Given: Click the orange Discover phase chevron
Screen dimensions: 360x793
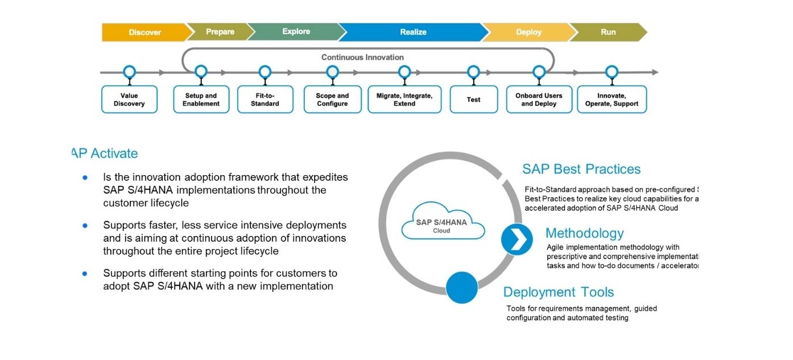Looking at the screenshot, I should click(144, 32).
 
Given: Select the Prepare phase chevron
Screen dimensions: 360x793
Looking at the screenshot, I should click(220, 32).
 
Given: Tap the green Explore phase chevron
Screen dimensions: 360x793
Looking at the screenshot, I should click(296, 32).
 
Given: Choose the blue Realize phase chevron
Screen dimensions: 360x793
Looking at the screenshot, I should click(413, 32).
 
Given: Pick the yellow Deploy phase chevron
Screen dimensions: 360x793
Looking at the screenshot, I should click(528, 32).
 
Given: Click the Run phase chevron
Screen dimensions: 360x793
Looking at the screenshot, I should click(608, 32).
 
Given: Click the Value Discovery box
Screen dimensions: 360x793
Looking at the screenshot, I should click(129, 100).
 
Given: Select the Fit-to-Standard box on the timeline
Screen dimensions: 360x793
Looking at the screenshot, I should click(265, 100).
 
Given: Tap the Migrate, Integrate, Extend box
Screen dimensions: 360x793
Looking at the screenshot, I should click(404, 100).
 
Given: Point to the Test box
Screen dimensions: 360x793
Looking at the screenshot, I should click(473, 100).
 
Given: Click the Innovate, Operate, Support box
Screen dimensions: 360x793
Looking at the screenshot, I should click(612, 100).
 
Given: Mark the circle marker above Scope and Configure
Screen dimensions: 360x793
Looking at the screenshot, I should click(333, 72).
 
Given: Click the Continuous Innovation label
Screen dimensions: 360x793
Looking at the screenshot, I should click(362, 57).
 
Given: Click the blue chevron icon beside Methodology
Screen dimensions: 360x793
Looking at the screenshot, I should click(517, 239).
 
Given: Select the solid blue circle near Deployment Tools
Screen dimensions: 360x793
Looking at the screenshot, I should click(461, 288).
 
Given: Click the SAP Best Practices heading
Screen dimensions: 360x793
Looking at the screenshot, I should click(581, 169).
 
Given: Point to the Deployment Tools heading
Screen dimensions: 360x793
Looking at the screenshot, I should click(559, 292).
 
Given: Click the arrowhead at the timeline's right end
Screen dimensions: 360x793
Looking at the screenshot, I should click(655, 72).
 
